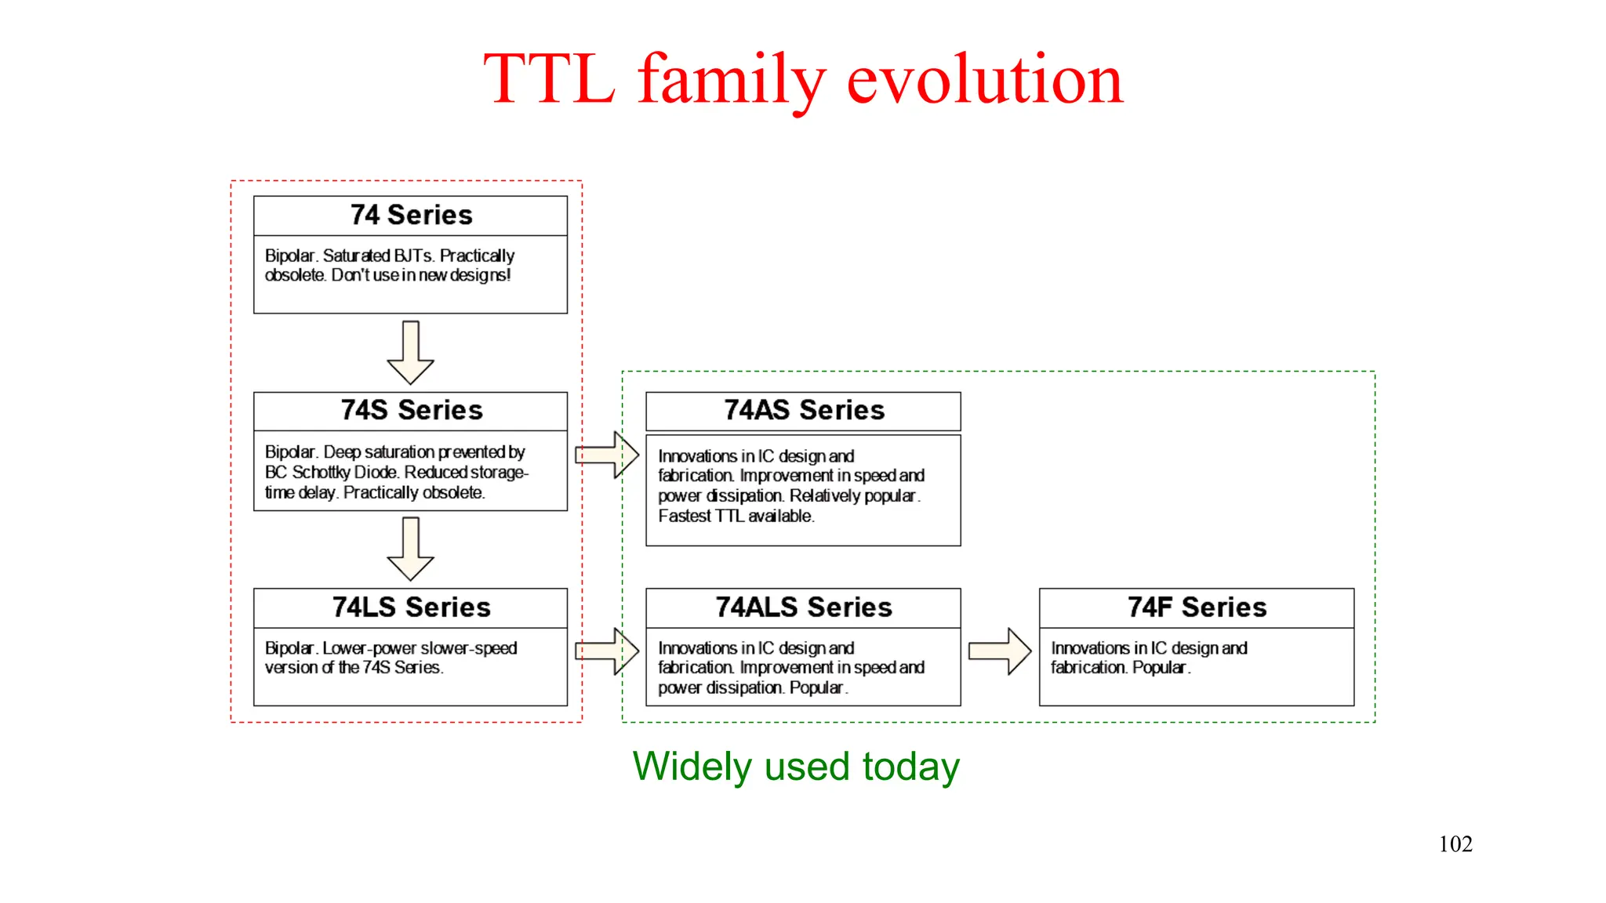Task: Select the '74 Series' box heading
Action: point(411,216)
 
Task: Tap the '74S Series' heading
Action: point(411,411)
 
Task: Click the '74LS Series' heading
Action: point(411,607)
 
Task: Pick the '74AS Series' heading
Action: point(804,411)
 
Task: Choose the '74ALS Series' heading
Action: point(804,607)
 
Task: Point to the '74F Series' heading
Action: point(1197,607)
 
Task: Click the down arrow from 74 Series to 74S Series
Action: point(410,353)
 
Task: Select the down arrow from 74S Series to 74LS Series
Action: point(410,549)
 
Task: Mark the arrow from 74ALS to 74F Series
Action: point(1000,651)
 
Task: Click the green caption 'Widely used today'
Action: point(796,767)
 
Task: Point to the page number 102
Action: point(1455,844)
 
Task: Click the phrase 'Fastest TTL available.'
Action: point(736,517)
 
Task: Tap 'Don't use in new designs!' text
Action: point(420,276)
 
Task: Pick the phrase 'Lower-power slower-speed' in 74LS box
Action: point(420,648)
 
